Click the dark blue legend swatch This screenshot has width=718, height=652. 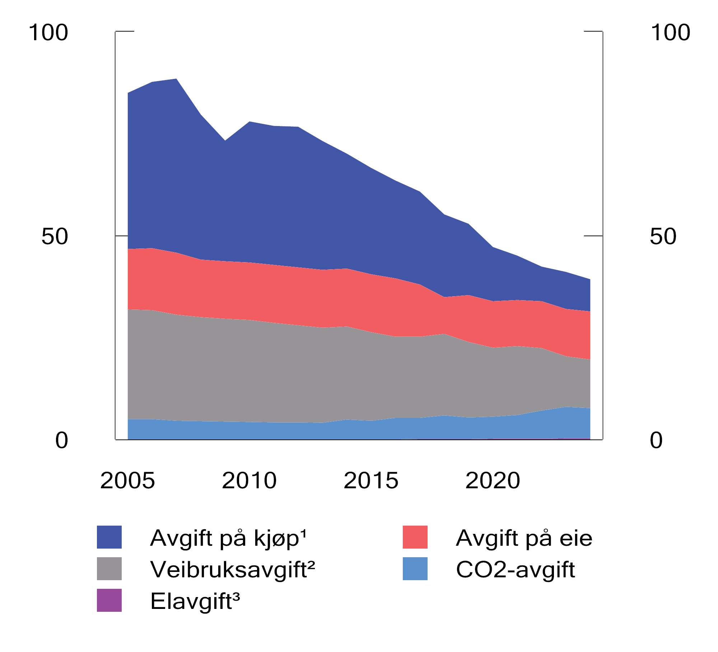(109, 537)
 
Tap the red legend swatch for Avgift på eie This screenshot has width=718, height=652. (415, 537)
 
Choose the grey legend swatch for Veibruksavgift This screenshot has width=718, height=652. (109, 569)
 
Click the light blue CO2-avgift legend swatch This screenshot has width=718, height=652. (415, 569)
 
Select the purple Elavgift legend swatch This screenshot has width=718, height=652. (109, 600)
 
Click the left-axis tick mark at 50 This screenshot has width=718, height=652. (122, 236)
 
